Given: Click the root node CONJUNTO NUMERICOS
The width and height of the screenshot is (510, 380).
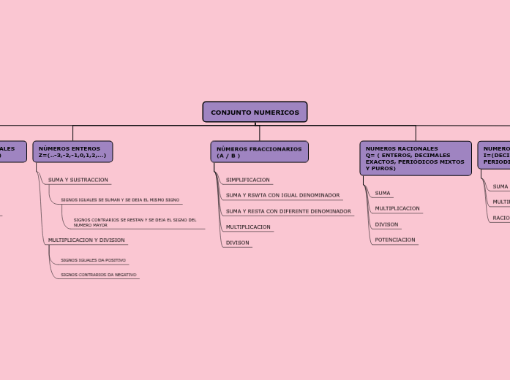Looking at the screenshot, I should pos(255,112).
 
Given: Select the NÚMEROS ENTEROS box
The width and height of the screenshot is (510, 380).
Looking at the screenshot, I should pos(72,152).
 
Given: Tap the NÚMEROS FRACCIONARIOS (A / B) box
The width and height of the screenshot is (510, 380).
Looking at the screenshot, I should pos(259,152).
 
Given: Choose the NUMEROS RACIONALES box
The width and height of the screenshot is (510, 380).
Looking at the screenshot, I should pos(415,159).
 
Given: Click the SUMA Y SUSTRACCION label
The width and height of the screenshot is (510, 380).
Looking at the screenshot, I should pos(78,180).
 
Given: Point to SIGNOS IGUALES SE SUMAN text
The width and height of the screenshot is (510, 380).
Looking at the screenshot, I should pos(120,199).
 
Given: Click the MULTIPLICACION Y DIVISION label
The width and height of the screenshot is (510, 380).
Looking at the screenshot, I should pos(86,240).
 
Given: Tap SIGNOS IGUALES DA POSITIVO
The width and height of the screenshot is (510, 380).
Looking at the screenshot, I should pos(93,260).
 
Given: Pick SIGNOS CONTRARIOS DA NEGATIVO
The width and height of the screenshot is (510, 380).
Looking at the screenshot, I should pos(98,275).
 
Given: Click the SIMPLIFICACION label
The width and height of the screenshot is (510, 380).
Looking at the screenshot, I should pos(247,180).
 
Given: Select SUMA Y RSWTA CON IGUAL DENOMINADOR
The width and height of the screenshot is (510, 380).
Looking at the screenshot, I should pos(282,195).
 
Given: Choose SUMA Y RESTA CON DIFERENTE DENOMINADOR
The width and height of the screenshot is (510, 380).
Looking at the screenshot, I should pos(288,211).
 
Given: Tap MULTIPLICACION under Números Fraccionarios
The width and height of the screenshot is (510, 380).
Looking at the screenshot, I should pos(248,227).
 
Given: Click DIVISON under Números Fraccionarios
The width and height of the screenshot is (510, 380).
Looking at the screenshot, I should pos(237,243).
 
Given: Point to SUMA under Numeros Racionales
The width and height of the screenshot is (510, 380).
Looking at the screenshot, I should pos(383,194).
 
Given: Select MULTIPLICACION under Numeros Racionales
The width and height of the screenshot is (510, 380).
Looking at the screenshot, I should pos(397,208).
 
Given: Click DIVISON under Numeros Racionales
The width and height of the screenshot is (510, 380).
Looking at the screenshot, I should pos(386,224).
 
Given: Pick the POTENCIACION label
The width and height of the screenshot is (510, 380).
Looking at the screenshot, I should pos(395,240).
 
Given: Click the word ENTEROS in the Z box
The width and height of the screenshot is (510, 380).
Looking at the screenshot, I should pos(86,148).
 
